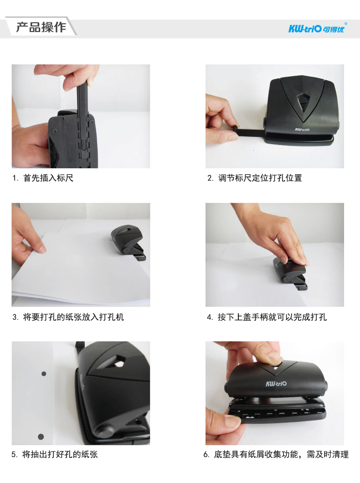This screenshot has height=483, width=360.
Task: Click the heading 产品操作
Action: [x=41, y=27]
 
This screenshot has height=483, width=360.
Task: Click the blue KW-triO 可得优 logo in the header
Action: [x=317, y=28]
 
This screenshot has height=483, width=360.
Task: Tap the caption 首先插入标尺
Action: [x=48, y=178]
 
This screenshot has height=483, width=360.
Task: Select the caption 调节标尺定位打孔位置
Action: [x=260, y=178]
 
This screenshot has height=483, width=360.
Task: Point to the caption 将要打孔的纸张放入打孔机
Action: [x=73, y=317]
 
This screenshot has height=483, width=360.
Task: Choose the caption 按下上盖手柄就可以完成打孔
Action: [x=272, y=317]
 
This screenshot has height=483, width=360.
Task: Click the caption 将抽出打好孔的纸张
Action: [x=60, y=454]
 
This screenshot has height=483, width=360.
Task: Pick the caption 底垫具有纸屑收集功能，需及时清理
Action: [x=281, y=454]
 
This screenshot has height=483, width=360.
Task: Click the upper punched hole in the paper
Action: [x=44, y=374]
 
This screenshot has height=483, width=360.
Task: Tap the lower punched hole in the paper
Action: [x=41, y=436]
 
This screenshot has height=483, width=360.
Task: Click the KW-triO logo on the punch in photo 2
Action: [x=302, y=130]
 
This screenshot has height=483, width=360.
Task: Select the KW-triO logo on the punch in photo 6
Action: [x=276, y=384]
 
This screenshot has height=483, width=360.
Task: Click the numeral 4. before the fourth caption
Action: [x=210, y=317]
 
